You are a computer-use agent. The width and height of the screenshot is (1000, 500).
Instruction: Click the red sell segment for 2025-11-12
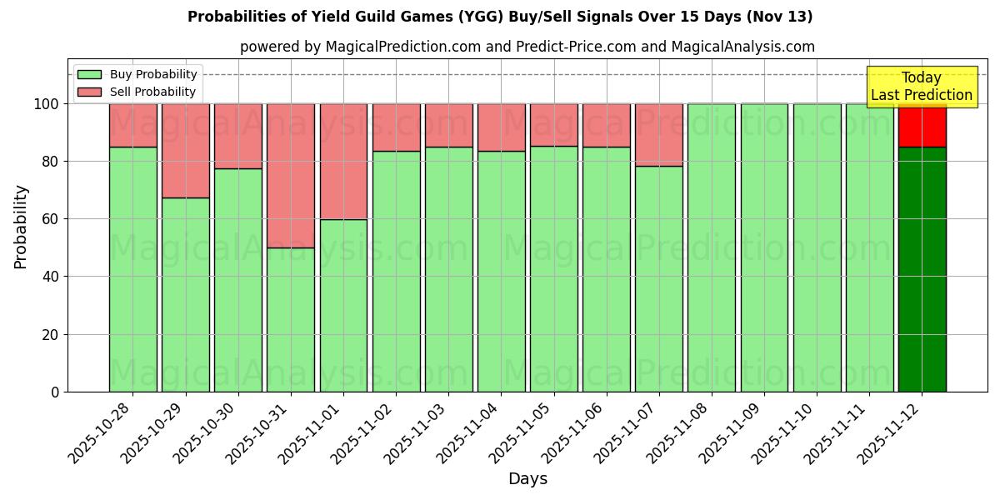click(x=922, y=125)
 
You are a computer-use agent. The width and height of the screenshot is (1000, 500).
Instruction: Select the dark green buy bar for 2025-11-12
click(x=922, y=269)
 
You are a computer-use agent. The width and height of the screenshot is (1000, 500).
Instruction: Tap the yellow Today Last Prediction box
click(x=922, y=87)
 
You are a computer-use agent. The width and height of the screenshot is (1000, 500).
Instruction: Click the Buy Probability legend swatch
click(x=89, y=75)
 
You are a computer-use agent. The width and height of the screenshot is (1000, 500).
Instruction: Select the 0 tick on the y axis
click(x=55, y=392)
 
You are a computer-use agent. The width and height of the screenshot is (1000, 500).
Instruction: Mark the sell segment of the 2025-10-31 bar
click(x=291, y=176)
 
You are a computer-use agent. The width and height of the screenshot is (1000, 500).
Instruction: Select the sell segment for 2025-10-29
click(x=185, y=151)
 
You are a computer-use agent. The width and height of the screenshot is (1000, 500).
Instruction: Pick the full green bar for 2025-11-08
click(x=711, y=247)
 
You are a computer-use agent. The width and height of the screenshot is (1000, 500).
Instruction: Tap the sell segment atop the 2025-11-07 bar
click(x=658, y=135)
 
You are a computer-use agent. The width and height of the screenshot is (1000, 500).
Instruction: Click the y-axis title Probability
click(x=21, y=227)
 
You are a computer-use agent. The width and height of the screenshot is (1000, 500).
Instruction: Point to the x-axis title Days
click(x=527, y=479)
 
